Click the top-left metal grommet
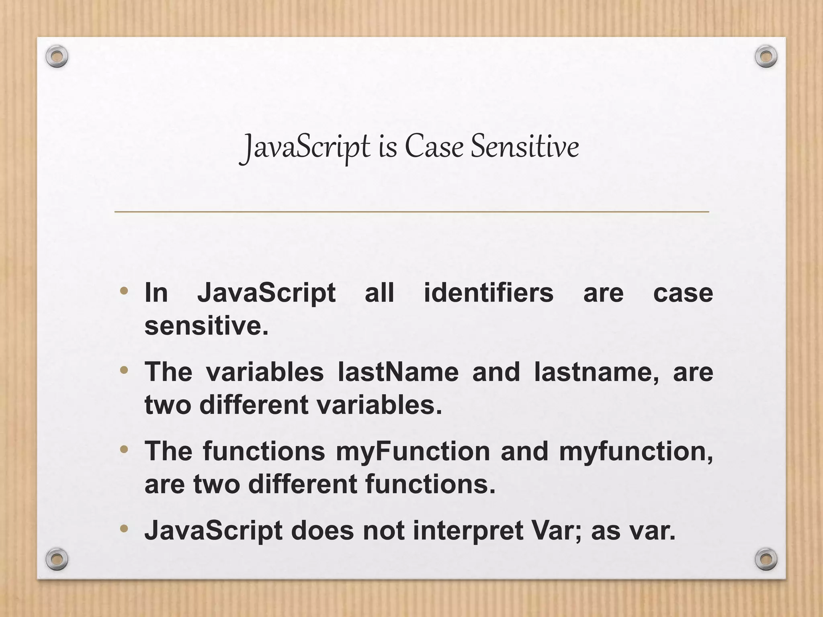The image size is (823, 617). point(57,57)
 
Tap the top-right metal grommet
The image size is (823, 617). point(766,57)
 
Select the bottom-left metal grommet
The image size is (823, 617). point(57,559)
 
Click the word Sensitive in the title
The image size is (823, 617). point(524,147)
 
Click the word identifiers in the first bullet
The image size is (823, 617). point(488,293)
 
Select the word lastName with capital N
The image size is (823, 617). point(398,372)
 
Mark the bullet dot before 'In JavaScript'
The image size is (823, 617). point(124,290)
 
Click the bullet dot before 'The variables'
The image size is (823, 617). point(124,370)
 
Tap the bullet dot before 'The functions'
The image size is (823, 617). point(124,449)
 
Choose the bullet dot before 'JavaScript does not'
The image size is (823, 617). point(124,528)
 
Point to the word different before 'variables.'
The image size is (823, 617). point(254,405)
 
